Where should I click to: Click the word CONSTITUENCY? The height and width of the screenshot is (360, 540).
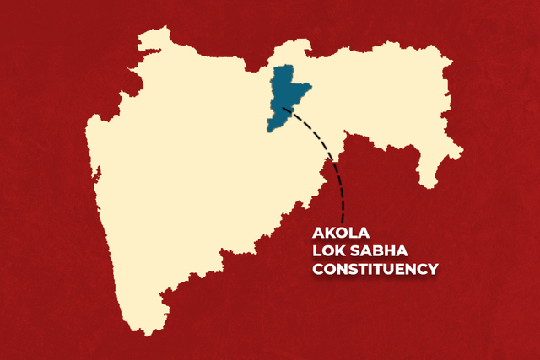375,269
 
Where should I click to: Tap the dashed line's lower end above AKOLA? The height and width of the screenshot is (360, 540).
342,218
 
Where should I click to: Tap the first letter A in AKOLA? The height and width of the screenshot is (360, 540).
318,230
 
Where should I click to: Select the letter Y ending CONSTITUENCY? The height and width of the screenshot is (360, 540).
433,269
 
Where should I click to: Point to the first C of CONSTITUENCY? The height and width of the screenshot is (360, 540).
318,269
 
